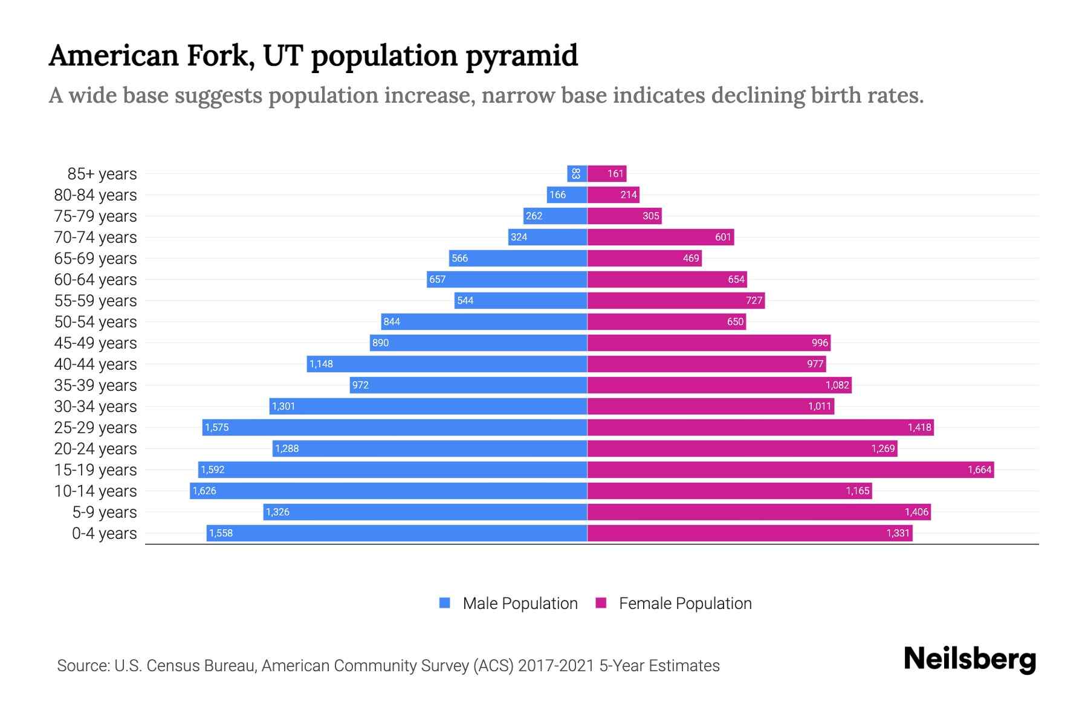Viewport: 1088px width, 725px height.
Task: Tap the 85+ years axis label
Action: pyautogui.click(x=102, y=174)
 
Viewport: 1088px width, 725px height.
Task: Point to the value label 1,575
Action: pyautogui.click(x=216, y=428)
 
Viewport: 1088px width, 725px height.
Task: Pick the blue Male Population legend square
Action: pyautogui.click(x=445, y=603)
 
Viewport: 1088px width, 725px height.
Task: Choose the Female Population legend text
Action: pyautogui.click(x=685, y=604)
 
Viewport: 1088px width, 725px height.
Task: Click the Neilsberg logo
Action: pyautogui.click(x=970, y=659)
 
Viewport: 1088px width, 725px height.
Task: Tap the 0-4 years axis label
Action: pyautogui.click(x=104, y=533)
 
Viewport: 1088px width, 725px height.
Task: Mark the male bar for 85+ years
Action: pyautogui.click(x=577, y=174)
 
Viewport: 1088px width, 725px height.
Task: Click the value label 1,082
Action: pyautogui.click(x=837, y=385)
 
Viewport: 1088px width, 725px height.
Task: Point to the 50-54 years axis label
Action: pyautogui.click(x=96, y=322)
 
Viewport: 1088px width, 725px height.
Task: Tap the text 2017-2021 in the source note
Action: pyautogui.click(x=555, y=666)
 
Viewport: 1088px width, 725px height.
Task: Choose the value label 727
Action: pyautogui.click(x=754, y=301)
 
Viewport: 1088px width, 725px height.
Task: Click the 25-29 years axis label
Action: pyautogui.click(x=96, y=428)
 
